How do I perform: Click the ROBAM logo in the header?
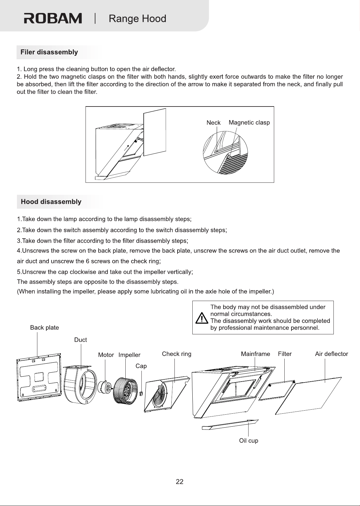tap(53, 18)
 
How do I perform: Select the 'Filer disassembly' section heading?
tap(49, 52)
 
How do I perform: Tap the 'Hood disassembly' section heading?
tap(51, 202)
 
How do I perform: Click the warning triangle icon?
tap(202, 318)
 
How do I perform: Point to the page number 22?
tap(180, 482)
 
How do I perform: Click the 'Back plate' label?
tap(44, 328)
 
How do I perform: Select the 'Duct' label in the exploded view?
tap(81, 340)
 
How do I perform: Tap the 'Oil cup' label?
tap(249, 441)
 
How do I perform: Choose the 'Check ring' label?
tap(177, 354)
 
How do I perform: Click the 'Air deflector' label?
tap(332, 354)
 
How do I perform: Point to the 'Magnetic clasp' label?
tap(249, 123)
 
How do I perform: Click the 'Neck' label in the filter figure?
tap(213, 123)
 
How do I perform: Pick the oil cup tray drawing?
tap(230, 425)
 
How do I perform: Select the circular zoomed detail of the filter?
tap(225, 153)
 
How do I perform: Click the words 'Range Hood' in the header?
tap(137, 19)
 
